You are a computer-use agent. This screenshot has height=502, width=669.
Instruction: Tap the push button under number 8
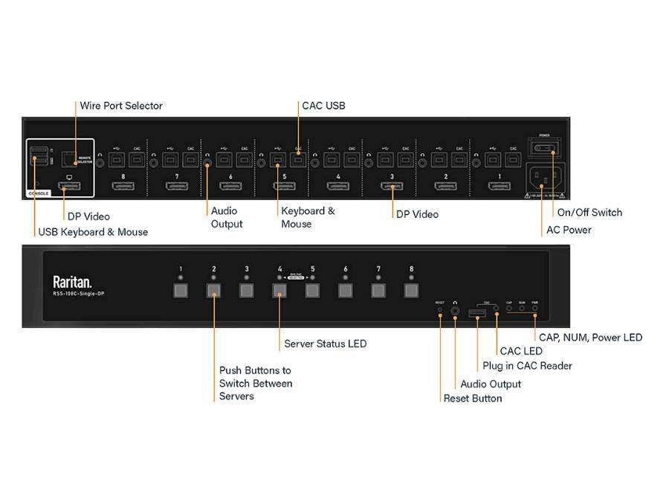[x=411, y=289]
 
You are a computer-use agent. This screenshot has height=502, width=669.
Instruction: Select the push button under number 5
[x=312, y=289]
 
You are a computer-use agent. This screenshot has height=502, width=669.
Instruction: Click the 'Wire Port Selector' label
[x=121, y=106]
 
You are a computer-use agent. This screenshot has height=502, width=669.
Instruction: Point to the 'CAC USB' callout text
[x=323, y=106]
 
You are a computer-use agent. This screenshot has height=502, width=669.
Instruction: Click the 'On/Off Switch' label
[x=589, y=213]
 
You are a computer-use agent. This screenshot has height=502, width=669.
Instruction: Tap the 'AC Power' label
[x=569, y=230]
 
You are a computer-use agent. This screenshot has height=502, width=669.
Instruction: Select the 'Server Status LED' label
[x=325, y=344]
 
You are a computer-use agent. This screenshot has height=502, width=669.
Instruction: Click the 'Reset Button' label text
[x=473, y=399]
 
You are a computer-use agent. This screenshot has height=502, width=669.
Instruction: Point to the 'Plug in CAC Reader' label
[x=527, y=365]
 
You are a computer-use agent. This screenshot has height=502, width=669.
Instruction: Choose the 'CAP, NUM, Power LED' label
[x=590, y=338]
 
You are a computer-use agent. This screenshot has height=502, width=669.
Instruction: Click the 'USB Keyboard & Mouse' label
[x=93, y=232]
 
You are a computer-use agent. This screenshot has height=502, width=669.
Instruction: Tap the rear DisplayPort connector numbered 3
[x=392, y=185]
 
